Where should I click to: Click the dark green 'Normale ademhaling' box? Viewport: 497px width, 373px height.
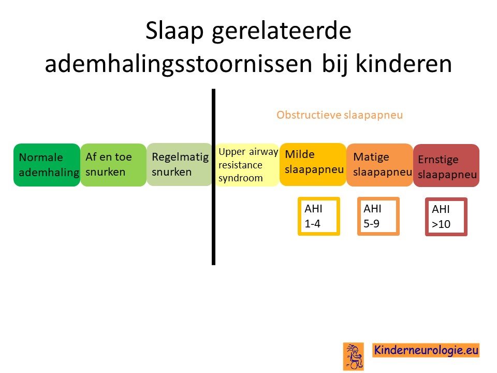(47, 165)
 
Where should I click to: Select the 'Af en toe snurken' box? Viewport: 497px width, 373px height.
(113, 165)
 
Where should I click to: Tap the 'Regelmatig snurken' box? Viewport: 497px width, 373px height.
(180, 165)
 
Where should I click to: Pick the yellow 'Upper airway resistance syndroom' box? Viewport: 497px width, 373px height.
(247, 165)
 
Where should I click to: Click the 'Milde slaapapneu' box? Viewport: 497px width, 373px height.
(313, 164)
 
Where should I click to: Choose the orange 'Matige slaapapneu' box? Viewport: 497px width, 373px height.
(379, 165)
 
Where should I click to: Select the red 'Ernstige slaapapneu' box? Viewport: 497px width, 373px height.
(446, 165)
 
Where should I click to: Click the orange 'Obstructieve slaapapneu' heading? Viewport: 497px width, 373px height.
(340, 115)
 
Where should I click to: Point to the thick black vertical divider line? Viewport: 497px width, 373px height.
(214, 177)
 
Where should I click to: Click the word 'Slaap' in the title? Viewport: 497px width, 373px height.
(174, 31)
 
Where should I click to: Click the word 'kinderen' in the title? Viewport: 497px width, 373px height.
(404, 63)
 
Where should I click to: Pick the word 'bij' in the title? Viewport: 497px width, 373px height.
(335, 65)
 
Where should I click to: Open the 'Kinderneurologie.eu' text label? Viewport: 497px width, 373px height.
(426, 350)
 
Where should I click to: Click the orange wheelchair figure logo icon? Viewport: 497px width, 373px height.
(354, 356)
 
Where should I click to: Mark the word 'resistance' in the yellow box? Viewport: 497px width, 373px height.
(240, 165)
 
